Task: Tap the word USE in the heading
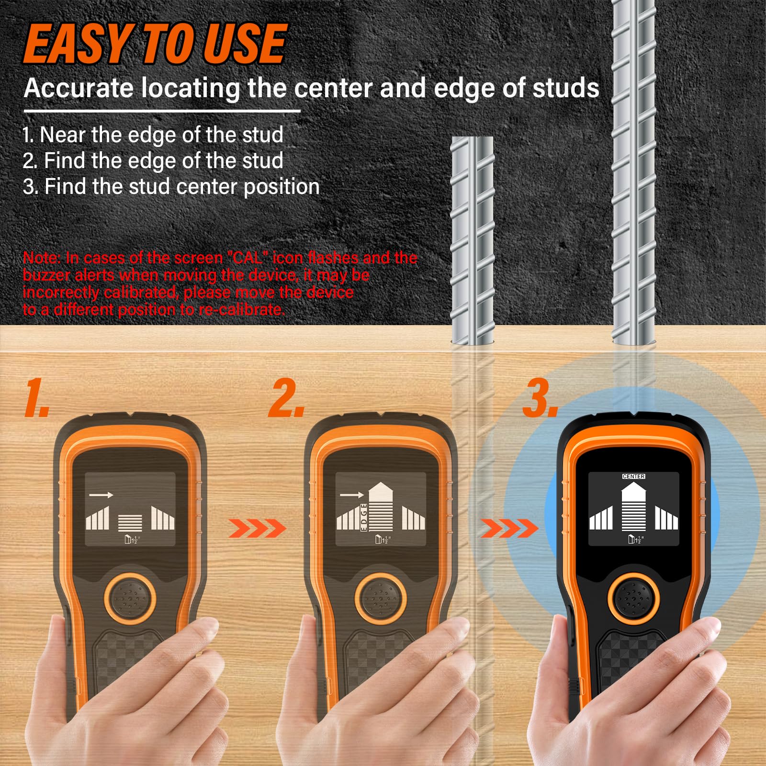245,44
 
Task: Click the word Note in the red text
42,258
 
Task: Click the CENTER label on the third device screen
633,476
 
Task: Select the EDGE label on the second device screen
364,517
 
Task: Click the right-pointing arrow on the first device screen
101,495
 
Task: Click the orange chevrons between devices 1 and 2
257,529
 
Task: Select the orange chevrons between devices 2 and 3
509,529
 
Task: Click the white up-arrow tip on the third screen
633,483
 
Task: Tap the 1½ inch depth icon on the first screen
131,540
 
